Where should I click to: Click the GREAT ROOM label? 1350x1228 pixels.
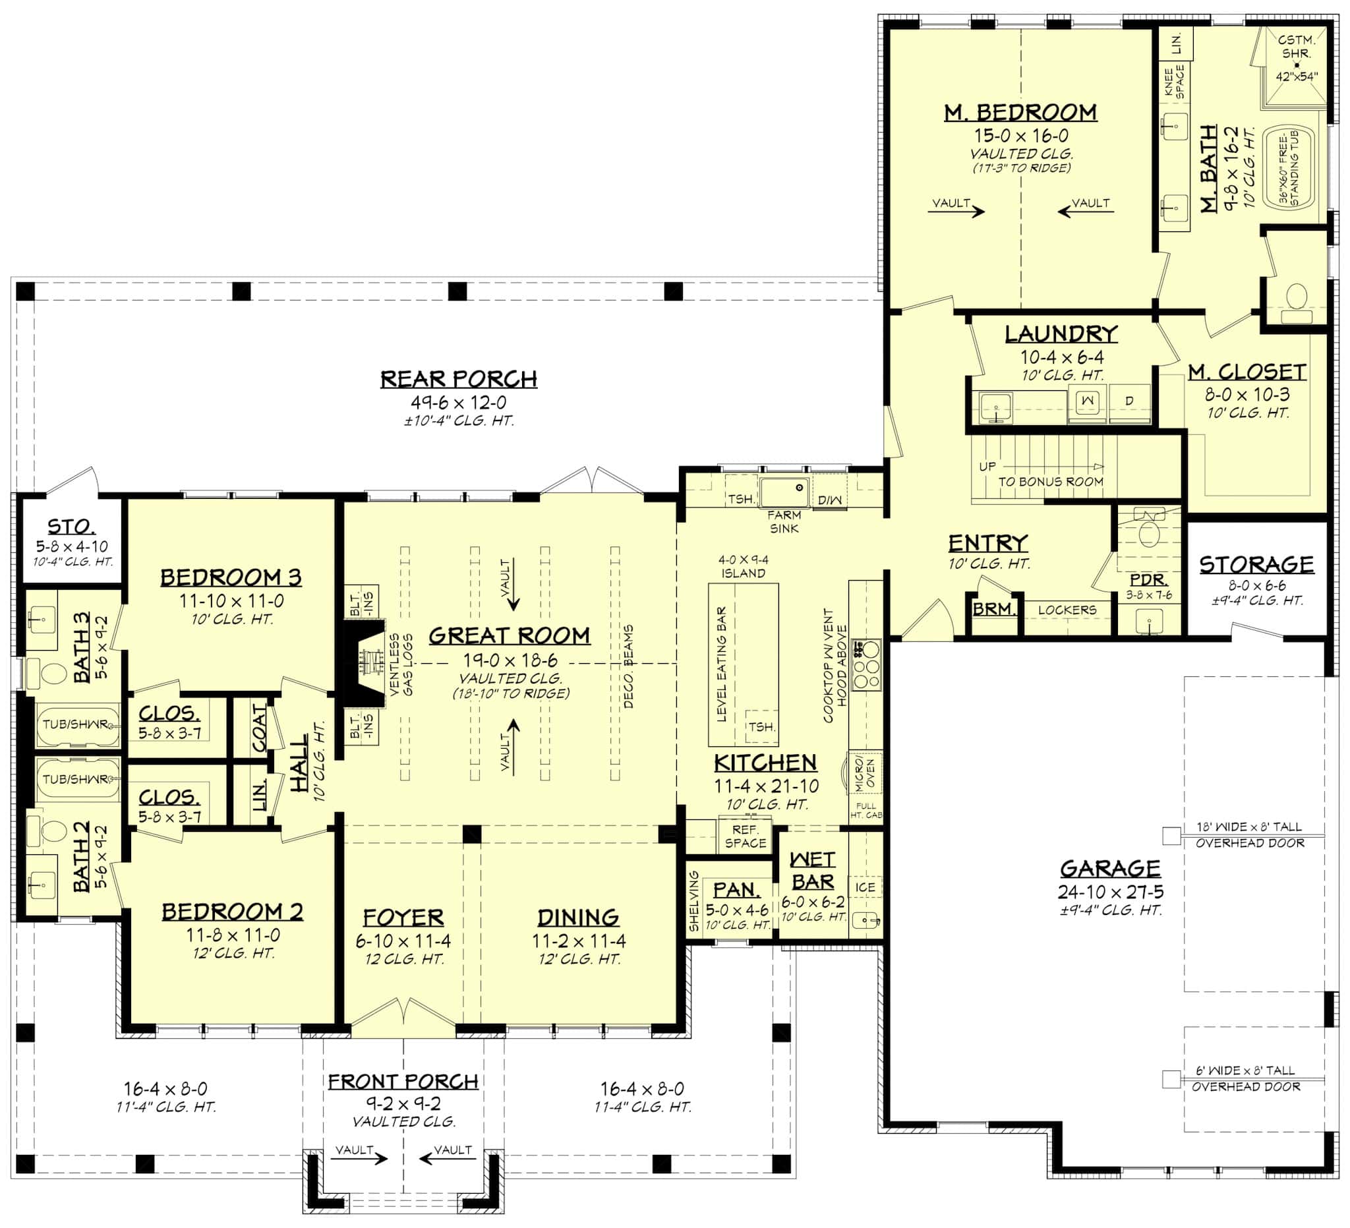pos(509,635)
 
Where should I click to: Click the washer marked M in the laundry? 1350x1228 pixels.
pos(1087,401)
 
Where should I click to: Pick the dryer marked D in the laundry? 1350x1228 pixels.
pos(1129,401)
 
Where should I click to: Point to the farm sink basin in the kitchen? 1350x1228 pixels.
pos(784,492)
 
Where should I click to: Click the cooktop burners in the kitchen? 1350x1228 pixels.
pos(866,665)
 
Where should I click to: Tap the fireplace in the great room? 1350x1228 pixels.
pos(365,663)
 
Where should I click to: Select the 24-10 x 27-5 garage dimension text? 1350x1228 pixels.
pos(1110,892)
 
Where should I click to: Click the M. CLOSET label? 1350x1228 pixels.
pos(1248,372)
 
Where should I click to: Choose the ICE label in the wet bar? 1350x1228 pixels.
pos(864,887)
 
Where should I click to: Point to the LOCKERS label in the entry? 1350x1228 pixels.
pos(1067,610)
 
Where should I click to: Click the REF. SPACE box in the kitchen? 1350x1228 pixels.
pos(745,836)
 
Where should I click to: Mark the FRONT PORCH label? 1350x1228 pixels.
pos(403,1082)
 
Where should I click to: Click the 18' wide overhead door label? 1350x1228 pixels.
pos(1250,835)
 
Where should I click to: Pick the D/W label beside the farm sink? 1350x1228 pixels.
pos(829,500)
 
